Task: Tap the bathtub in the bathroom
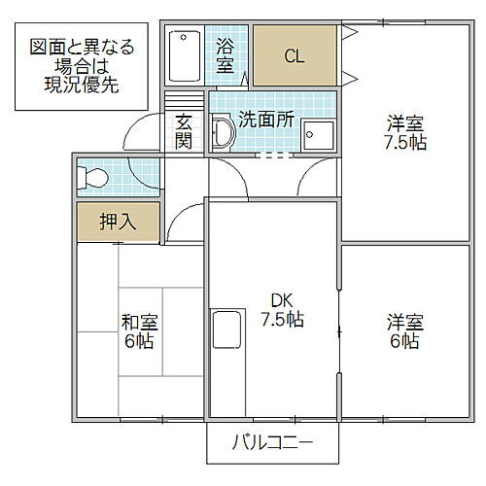click(182, 56)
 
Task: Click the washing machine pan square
click(317, 136)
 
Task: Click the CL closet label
click(295, 55)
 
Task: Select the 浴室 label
click(226, 54)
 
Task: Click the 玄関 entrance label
click(184, 131)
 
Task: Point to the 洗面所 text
click(267, 121)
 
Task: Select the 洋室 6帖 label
click(404, 330)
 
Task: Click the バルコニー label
click(272, 444)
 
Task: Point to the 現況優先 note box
click(82, 64)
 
